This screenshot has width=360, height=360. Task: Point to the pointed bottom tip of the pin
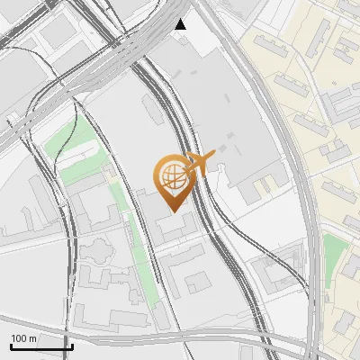click(173, 211)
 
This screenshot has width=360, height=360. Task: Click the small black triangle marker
click(182, 23)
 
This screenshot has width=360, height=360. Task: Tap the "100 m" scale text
click(23, 338)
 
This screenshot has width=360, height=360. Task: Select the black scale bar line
click(41, 346)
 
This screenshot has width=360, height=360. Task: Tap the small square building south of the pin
click(199, 284)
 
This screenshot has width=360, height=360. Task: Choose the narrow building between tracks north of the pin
click(153, 108)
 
